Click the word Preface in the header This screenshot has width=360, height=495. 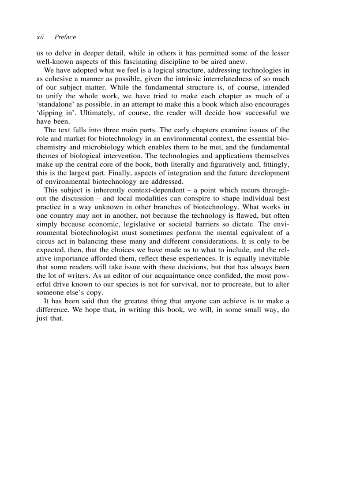(65, 37)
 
